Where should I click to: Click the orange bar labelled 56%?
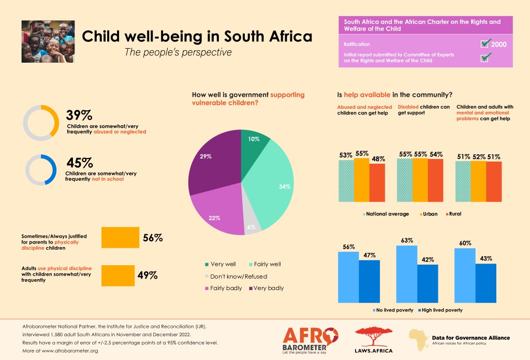[120, 238]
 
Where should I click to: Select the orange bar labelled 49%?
[117, 275]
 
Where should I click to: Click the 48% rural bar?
[377, 182]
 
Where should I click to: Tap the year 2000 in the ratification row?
[499, 44]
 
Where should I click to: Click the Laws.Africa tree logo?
[373, 340]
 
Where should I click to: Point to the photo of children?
[47, 41]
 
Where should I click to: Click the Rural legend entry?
[453, 213]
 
